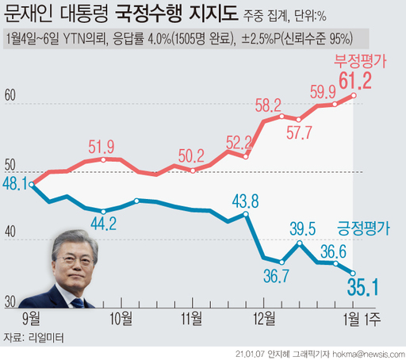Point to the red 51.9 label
tap(104, 146)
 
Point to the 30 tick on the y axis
tap(10, 302)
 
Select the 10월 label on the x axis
tap(121, 319)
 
